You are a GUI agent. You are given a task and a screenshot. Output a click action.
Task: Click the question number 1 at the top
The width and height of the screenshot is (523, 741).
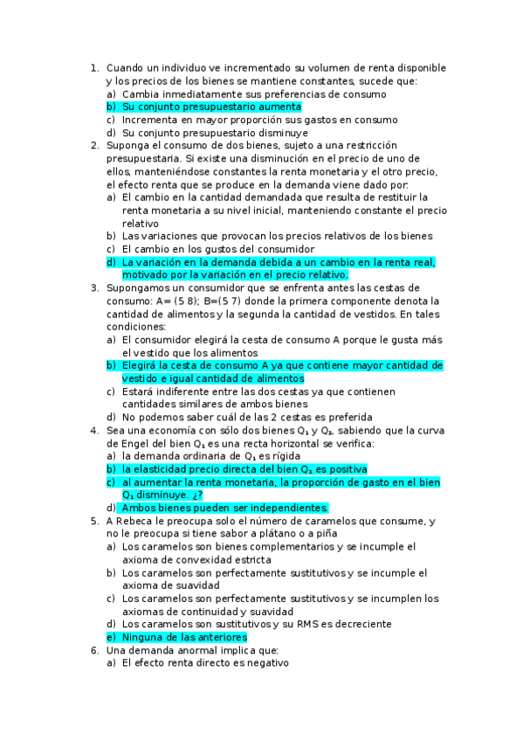click(x=93, y=67)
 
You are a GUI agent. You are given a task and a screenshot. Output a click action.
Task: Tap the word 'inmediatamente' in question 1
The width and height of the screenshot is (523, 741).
click(x=202, y=93)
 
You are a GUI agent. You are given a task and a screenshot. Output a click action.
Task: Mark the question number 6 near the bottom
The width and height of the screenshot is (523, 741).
click(x=93, y=650)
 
